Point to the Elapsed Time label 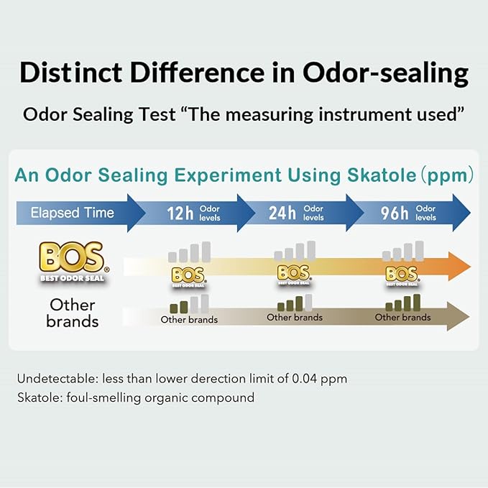(72, 213)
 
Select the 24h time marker (282, 213)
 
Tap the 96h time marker (395, 213)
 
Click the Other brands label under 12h (188, 320)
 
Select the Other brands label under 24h (295, 317)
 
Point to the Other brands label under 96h (402, 317)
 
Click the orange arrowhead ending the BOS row (459, 265)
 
